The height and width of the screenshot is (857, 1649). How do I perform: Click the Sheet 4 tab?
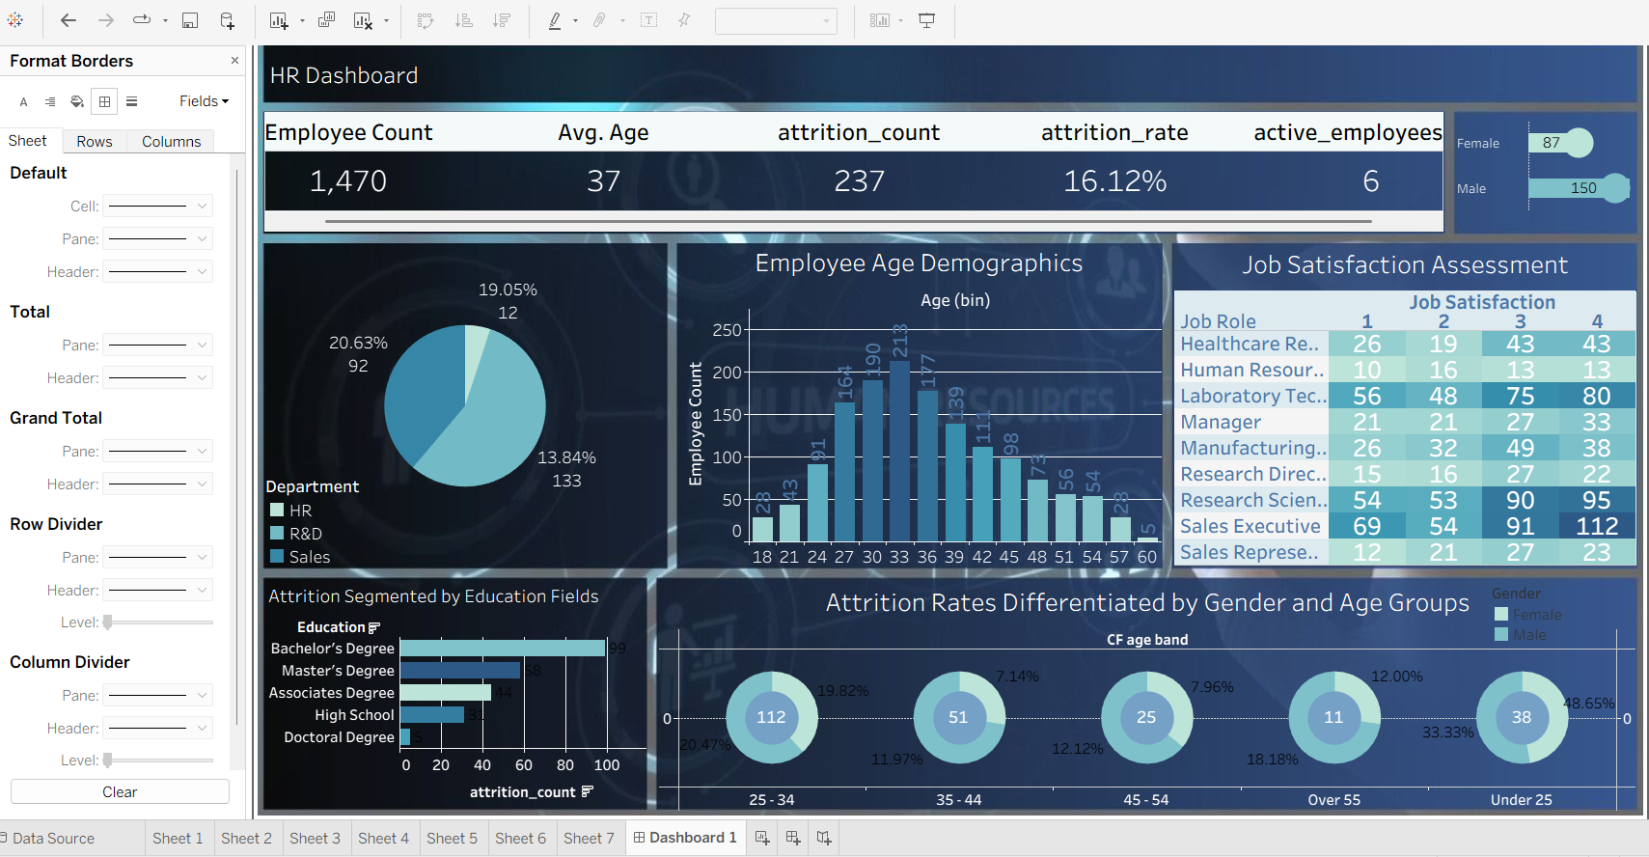383,838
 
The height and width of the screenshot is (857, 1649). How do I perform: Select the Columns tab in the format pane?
171,141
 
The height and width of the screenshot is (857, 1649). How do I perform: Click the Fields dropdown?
204,101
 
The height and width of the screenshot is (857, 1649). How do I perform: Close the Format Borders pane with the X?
234,61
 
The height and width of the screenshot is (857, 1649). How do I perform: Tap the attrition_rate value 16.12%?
1114,181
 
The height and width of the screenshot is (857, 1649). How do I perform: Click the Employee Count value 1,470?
348,181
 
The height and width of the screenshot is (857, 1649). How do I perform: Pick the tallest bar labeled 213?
899,450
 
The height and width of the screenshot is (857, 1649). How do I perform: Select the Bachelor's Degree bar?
502,649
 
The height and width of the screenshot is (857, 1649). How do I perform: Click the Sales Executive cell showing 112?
1597,526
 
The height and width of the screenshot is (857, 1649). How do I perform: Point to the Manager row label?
1221,422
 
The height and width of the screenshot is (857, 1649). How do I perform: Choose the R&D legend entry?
305,534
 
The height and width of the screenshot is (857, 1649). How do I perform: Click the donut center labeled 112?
771,717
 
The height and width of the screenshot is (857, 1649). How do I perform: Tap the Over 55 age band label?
1333,800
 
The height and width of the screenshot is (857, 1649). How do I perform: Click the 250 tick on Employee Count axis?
727,330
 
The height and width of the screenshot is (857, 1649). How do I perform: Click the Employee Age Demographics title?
919,263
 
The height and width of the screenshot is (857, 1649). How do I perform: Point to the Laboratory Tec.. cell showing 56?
1366,396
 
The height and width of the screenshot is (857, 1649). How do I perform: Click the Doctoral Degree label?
339,737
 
